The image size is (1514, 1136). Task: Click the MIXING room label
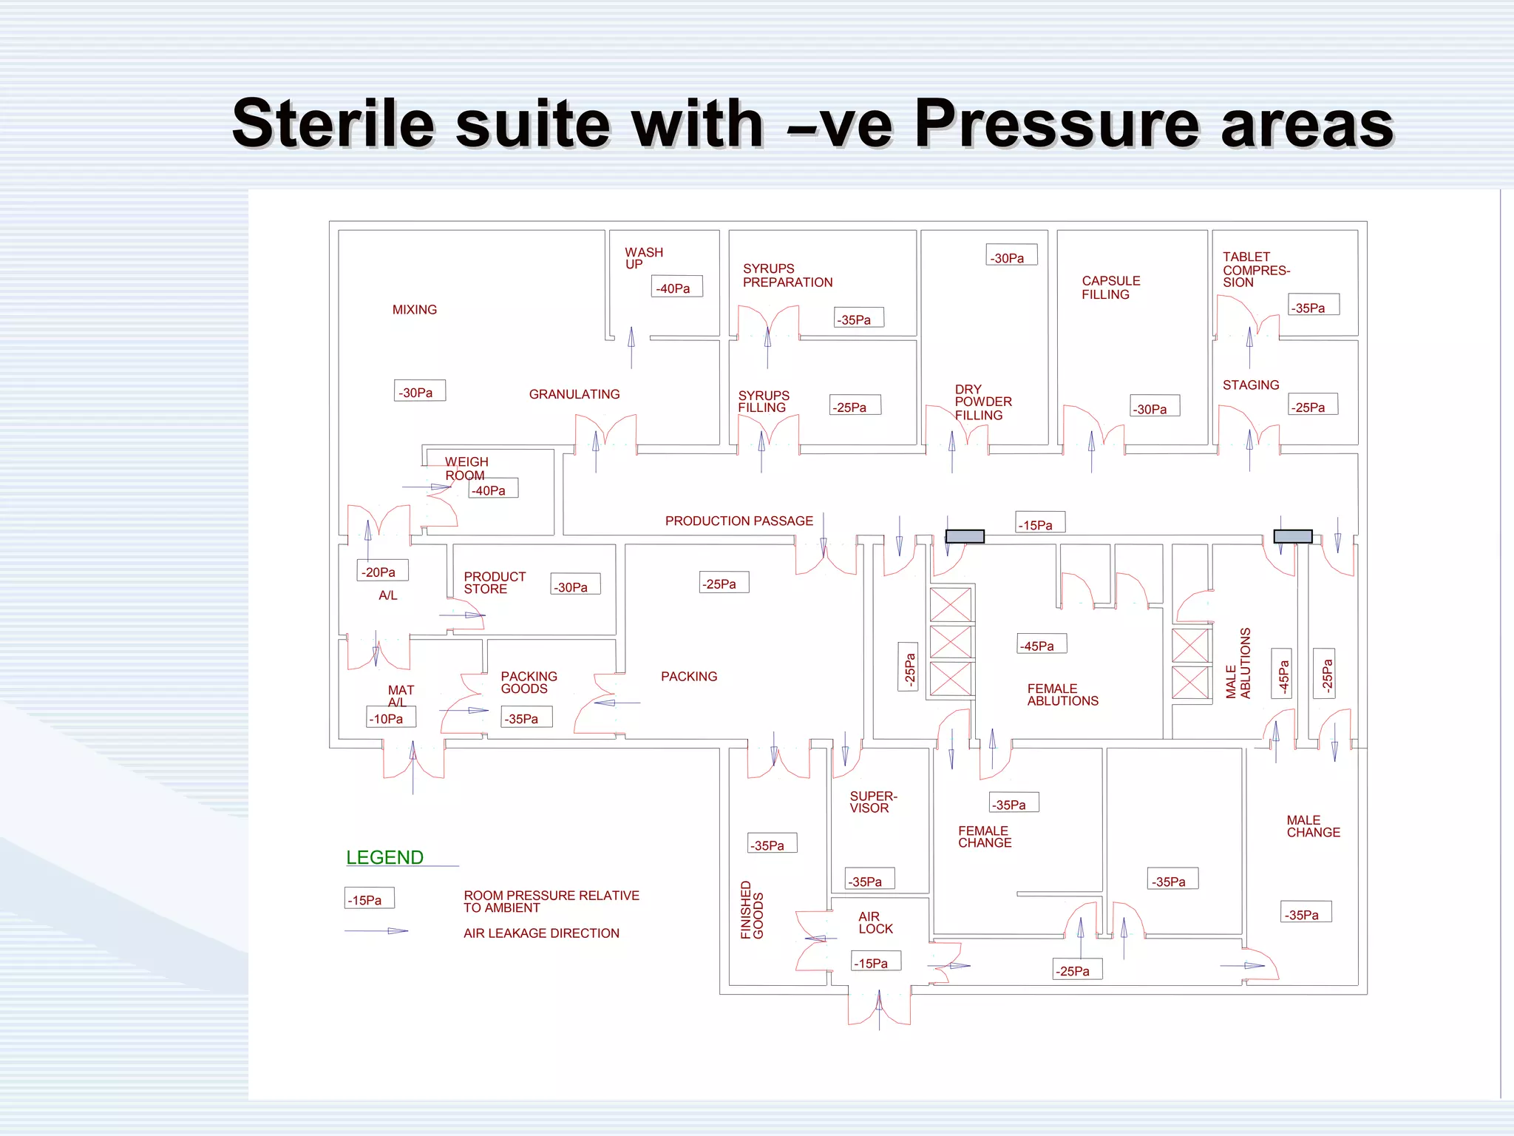pos(414,310)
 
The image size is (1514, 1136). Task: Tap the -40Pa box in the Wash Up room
pos(676,287)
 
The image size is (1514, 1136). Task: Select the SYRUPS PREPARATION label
pos(787,275)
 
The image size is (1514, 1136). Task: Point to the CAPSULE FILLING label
pos(1110,288)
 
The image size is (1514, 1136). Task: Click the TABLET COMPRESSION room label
pos(1256,269)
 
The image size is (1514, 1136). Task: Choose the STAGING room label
pos(1250,385)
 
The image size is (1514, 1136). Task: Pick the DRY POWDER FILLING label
pos(982,402)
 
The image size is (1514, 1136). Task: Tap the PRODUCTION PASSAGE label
pos(739,521)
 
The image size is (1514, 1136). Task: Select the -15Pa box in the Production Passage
pos(1039,524)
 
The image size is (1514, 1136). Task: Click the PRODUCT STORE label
pos(495,583)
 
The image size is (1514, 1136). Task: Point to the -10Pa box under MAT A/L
pos(391,717)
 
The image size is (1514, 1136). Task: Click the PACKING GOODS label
pos(529,683)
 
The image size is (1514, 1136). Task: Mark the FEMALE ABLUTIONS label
pos(1062,695)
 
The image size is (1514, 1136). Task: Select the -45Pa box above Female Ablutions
pos(1041,645)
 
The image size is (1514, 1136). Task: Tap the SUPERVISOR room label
pos(873,802)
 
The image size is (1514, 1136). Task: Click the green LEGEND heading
pos(384,858)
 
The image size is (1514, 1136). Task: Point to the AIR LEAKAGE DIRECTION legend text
pos(541,933)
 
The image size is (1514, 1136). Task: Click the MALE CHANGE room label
pos(1313,826)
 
